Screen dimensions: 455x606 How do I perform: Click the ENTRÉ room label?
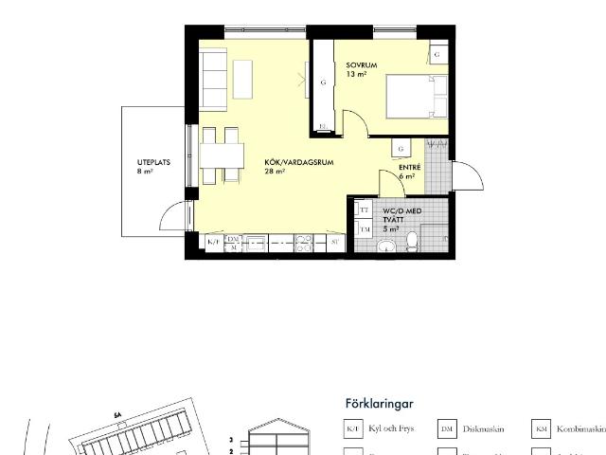[x=408, y=172]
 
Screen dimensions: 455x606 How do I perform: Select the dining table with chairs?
[x=220, y=155]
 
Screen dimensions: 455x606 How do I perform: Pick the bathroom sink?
[x=385, y=246]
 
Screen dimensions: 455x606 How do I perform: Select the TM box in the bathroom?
[x=364, y=229]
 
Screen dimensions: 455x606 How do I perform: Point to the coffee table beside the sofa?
[x=244, y=79]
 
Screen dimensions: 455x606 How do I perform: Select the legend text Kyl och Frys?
[x=390, y=428]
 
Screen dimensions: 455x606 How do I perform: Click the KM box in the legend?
[x=541, y=428]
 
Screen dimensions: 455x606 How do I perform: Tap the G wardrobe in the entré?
[x=402, y=149]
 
